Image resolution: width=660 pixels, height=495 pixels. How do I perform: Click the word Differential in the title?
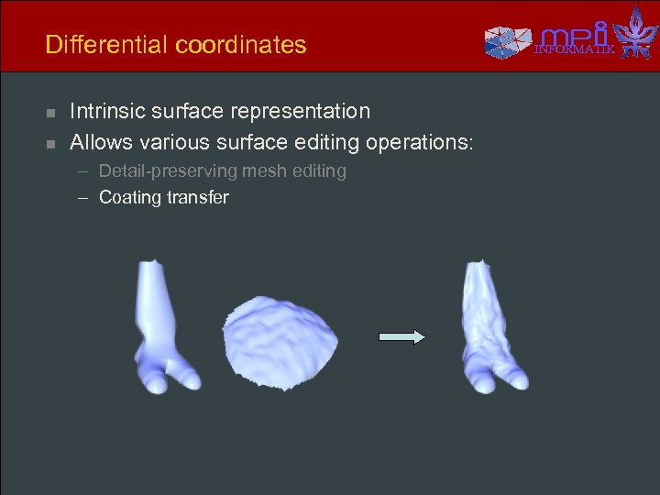click(96, 45)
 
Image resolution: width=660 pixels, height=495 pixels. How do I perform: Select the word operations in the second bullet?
click(420, 143)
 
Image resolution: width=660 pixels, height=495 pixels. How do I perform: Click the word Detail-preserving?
click(161, 171)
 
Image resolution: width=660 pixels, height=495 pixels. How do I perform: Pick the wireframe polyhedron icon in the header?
click(508, 39)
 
